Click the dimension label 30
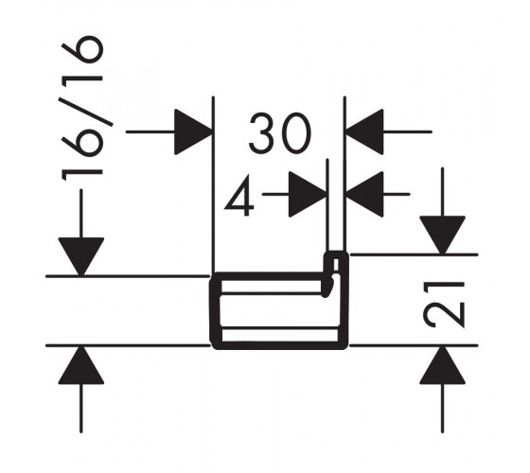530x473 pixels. pos(279,132)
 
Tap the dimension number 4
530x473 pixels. pos(239,195)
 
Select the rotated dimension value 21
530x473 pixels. pos(444,305)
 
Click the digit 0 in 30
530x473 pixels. pos(295,132)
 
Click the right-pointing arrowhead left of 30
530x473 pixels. pos(193,131)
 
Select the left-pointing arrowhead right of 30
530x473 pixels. pos(364,131)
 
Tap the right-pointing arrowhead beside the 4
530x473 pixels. pos(308,194)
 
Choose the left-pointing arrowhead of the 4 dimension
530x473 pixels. pos(364,194)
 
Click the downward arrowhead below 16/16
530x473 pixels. pos(81,256)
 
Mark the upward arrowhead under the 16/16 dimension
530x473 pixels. pos(81,365)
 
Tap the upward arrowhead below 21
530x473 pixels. pos(443,365)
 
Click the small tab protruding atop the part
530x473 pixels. pos(336,262)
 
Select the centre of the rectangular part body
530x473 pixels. pos(279,311)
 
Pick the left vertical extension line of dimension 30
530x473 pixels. pos(214,184)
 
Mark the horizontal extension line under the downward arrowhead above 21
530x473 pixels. pos(414,254)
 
